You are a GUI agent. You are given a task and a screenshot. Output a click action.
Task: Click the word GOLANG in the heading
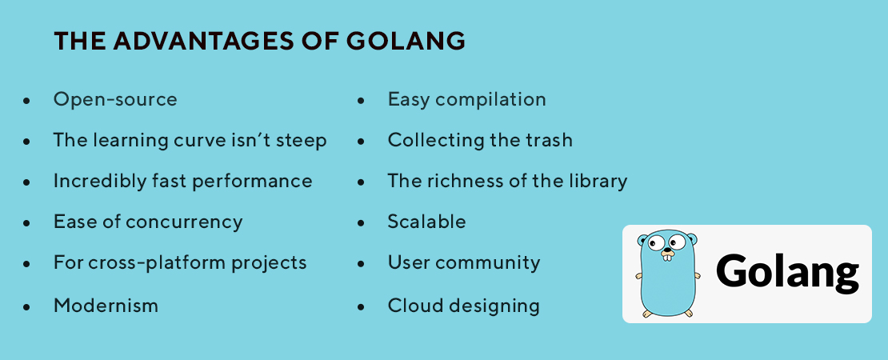tap(406, 42)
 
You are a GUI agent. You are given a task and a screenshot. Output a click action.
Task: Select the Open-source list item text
tap(115, 100)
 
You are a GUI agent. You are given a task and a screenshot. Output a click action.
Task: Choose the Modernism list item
tap(106, 306)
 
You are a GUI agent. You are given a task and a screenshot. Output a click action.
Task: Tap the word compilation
tap(491, 100)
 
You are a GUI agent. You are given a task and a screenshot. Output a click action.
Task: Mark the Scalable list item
tap(427, 222)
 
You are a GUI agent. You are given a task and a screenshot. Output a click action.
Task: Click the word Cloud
tap(409, 306)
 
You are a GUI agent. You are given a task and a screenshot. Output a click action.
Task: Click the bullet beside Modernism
tap(26, 306)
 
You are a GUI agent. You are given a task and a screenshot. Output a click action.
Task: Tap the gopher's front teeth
tap(668, 258)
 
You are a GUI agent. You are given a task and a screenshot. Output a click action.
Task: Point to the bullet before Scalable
tap(362, 223)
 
